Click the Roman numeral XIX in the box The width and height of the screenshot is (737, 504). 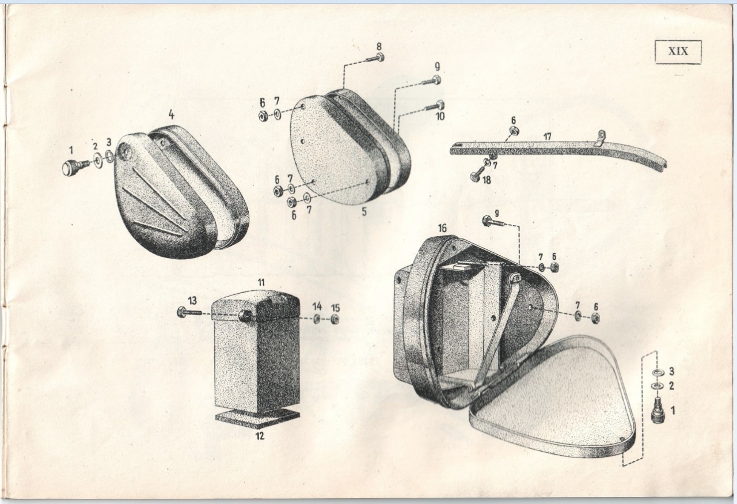(x=678, y=51)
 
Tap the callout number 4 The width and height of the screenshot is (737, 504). (x=171, y=115)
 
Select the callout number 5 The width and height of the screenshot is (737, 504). (x=364, y=211)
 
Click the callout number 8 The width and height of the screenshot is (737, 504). (x=379, y=46)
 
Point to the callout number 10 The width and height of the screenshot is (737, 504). (x=440, y=116)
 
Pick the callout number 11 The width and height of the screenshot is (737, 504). (x=261, y=282)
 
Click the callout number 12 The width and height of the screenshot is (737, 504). (x=260, y=436)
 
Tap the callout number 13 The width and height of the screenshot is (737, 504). (x=192, y=300)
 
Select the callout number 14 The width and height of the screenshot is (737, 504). (x=317, y=306)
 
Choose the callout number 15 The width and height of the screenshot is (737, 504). (x=335, y=308)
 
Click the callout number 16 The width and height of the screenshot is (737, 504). (x=442, y=228)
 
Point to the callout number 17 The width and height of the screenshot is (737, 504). (x=547, y=137)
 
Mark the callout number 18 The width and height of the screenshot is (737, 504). (x=487, y=180)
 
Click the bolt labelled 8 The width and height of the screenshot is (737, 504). (x=375, y=59)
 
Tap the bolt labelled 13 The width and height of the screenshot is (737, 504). (x=189, y=312)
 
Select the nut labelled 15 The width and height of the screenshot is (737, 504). (x=335, y=319)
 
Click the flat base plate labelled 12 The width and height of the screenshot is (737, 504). (x=257, y=419)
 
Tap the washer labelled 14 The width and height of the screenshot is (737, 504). (x=317, y=319)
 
